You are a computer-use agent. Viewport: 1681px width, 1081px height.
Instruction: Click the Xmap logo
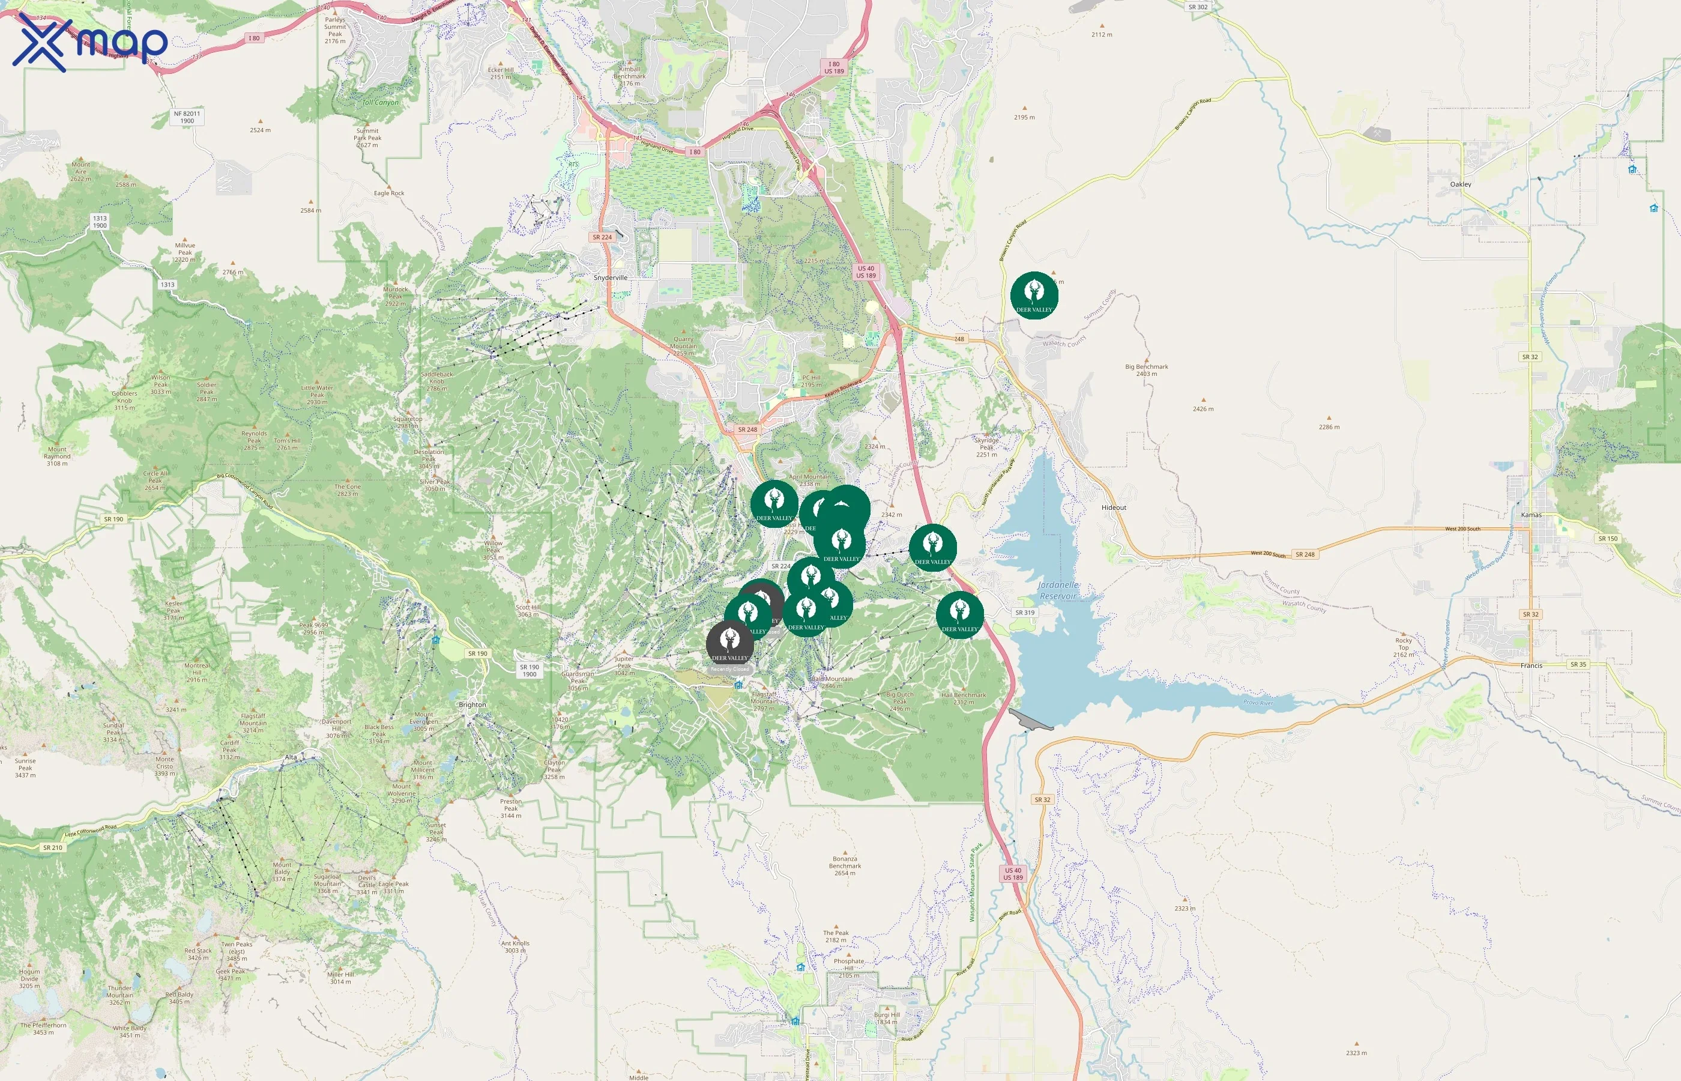(90, 42)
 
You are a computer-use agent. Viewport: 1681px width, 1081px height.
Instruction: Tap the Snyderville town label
(611, 278)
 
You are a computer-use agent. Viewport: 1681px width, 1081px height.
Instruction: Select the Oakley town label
(1461, 184)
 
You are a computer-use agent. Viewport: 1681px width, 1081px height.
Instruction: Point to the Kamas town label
(1531, 515)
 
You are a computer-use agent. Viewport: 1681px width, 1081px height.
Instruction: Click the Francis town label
(1531, 665)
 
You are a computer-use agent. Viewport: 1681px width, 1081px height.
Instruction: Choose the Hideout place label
(1114, 507)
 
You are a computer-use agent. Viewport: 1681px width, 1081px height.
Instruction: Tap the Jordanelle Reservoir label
(1058, 590)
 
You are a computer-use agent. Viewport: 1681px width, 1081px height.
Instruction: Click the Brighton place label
(472, 705)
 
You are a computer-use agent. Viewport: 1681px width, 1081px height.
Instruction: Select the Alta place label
(291, 757)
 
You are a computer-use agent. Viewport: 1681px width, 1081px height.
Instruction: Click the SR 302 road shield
(1198, 7)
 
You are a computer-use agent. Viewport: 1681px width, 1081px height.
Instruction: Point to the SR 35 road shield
(1578, 664)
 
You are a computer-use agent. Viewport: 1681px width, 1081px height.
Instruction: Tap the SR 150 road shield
(1607, 538)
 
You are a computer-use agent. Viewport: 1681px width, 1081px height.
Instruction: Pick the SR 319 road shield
(1024, 612)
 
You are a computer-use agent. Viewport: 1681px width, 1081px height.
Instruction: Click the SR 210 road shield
(53, 847)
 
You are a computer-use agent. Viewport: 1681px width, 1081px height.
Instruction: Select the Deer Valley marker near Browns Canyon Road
(1034, 295)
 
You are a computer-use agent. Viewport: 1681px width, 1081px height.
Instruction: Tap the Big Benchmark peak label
(1147, 370)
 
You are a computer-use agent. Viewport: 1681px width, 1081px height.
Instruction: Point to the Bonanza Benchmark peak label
(845, 865)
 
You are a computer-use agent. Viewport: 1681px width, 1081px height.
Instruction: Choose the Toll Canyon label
(380, 103)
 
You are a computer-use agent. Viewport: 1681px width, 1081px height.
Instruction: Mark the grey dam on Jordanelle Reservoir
(1030, 720)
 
